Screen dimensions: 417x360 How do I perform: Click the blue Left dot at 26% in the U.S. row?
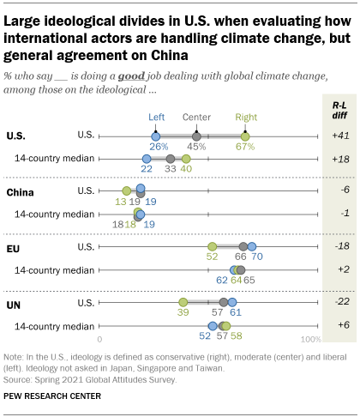point(156,136)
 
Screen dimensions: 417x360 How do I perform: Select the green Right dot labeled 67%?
point(245,136)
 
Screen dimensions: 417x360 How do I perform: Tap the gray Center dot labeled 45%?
point(197,136)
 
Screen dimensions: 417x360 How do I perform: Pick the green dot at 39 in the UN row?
point(183,302)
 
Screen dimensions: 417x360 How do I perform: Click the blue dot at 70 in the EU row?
point(252,247)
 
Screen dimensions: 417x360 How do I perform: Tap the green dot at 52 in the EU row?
point(213,247)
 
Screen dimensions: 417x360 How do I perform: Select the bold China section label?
point(21,190)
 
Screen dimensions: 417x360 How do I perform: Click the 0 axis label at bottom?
point(100,340)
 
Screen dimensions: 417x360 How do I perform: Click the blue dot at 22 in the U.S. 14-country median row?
point(147,159)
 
